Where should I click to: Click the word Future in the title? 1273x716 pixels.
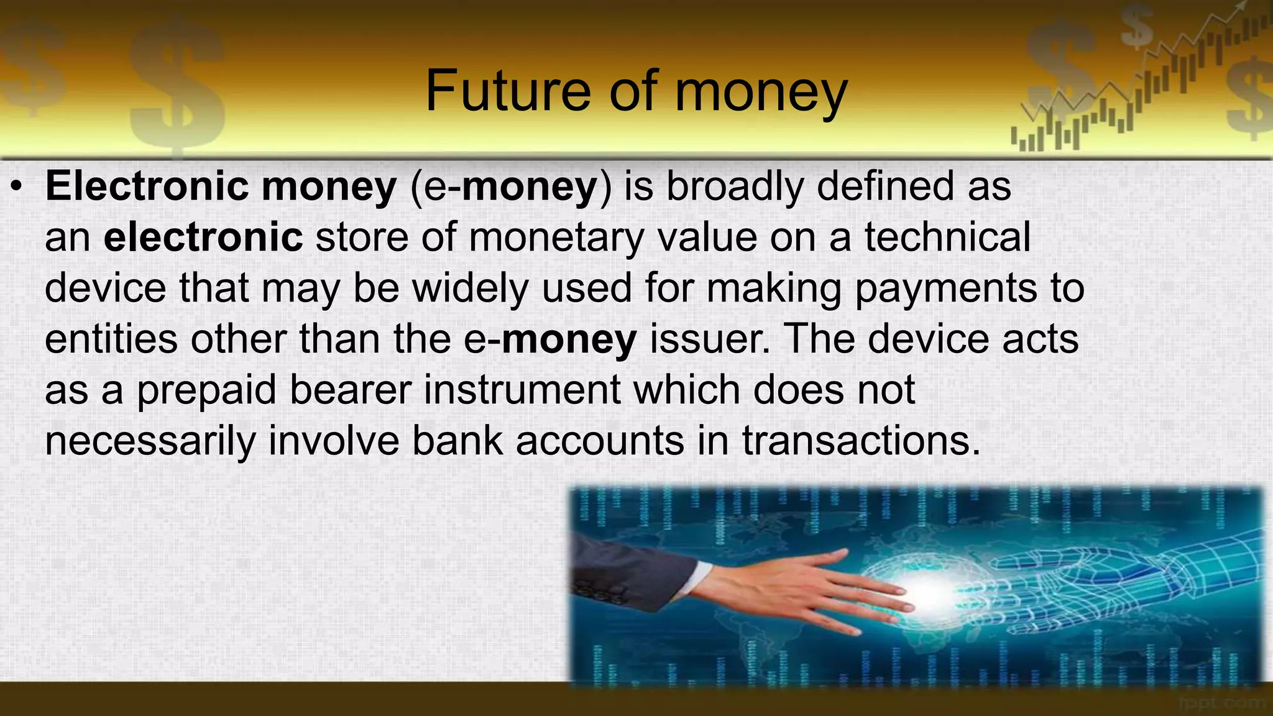[x=507, y=91]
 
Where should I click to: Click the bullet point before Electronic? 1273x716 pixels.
[x=18, y=186]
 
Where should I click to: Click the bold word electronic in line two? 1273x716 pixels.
[x=203, y=237]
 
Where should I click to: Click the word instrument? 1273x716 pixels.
[x=523, y=390]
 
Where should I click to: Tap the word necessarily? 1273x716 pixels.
[x=150, y=441]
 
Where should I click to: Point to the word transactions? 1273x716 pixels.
[x=861, y=441]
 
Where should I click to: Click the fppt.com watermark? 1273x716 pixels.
[x=1221, y=703]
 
